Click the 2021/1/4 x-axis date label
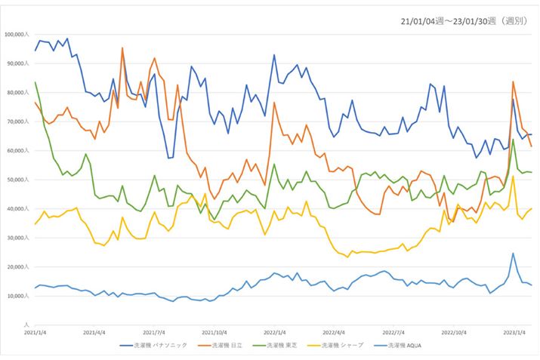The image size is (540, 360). pos(35,331)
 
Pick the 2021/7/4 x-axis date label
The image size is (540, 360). pos(154,331)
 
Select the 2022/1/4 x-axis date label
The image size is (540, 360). pos(274,331)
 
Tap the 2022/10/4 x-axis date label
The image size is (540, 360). pos(454,331)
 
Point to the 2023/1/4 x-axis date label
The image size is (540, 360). pos(514,331)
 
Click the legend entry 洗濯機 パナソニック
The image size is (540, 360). pos(154,346)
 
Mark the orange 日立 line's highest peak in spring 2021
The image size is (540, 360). pos(122,48)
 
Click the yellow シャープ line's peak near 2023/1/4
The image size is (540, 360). pos(513,177)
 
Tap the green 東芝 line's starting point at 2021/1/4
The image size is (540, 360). pos(35,82)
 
